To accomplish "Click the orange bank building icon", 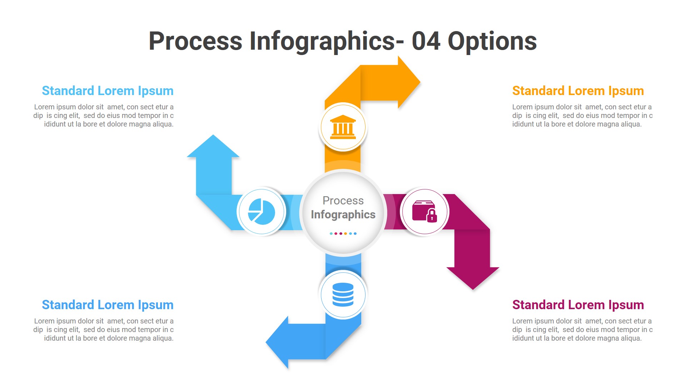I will [x=343, y=127].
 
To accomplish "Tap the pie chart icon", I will [x=262, y=212].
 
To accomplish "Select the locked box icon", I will [x=424, y=212].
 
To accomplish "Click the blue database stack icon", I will [x=343, y=295].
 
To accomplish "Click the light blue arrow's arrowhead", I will [x=213, y=147].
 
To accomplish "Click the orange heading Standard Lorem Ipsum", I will [x=578, y=91].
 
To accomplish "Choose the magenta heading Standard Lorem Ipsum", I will [x=578, y=305].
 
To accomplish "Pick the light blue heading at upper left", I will [x=108, y=91].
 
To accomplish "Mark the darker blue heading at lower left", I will [x=108, y=305].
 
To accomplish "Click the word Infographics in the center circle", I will [x=343, y=214].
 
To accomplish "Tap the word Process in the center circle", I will [x=343, y=201].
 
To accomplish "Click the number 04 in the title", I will [x=426, y=41].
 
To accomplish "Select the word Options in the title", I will [x=492, y=41].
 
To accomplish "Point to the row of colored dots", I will [x=343, y=233].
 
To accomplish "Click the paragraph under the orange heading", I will [x=582, y=115].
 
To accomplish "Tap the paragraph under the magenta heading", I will [x=582, y=330].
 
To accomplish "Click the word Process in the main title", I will [x=195, y=41].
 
